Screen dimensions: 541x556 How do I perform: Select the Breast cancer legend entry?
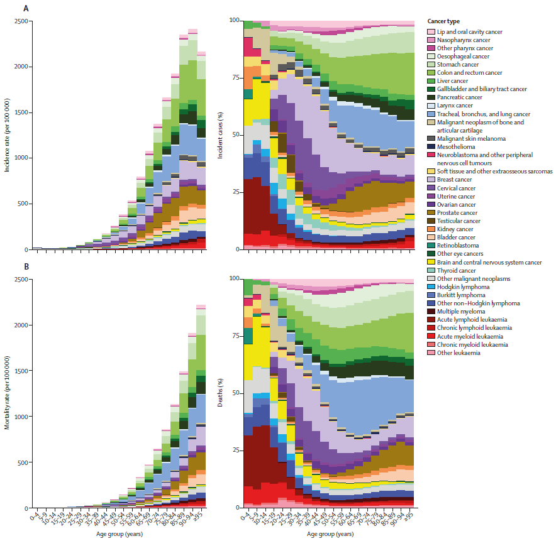click(455, 180)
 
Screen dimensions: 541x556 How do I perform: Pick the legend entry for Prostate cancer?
click(457, 212)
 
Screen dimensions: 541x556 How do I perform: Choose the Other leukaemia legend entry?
click(459, 352)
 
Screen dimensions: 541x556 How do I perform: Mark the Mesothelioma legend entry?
click(456, 146)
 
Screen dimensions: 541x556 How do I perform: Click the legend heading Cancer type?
click(443, 21)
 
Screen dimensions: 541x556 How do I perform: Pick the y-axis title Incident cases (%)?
click(220, 135)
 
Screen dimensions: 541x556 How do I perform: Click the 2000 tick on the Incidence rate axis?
click(19, 67)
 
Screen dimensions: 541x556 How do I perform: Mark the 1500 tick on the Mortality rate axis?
click(19, 371)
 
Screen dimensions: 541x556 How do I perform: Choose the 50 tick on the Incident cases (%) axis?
click(236, 135)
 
